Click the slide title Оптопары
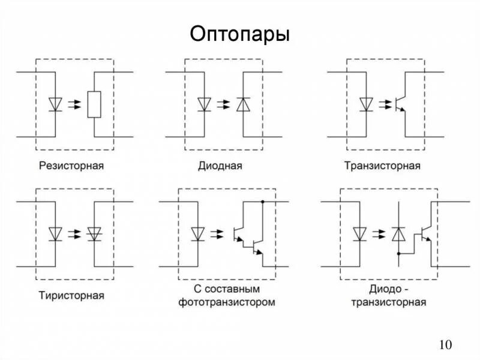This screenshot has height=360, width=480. (239, 34)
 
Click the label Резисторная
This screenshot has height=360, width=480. (71, 165)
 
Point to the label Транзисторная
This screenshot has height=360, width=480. (382, 165)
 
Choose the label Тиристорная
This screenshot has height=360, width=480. (71, 295)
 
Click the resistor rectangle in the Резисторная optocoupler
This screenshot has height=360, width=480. (94, 104)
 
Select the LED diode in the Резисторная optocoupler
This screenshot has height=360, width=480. (56, 104)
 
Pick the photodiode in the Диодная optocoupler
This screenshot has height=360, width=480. (242, 104)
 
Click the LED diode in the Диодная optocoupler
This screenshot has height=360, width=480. (205, 104)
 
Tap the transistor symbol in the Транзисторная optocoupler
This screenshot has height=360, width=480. (401, 103)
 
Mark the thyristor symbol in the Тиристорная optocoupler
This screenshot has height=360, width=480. (94, 233)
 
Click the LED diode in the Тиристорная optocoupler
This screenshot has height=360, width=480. (56, 233)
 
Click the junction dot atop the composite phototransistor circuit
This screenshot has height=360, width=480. (262, 202)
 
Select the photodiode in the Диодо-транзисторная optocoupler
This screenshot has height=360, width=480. (398, 233)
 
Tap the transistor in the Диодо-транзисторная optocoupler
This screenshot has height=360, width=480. (427, 233)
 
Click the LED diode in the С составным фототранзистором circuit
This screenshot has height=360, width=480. (197, 233)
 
